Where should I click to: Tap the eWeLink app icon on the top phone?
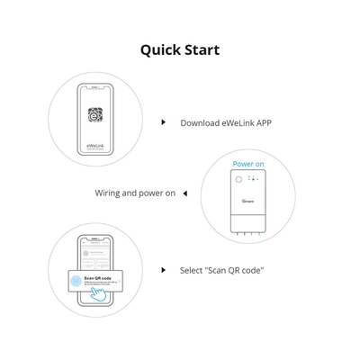[x=95, y=115]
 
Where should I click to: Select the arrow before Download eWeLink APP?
[x=163, y=121]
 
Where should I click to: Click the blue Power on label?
[x=248, y=164]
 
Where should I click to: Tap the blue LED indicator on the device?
[x=254, y=179]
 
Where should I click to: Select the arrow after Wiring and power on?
[x=184, y=193]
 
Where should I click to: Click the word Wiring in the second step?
[x=111, y=193]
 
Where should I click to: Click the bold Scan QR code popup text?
[x=98, y=277]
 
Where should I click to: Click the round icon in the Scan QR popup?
[x=76, y=281]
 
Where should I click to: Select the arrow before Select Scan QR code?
[x=163, y=269]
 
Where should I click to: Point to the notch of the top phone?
[x=95, y=87]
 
